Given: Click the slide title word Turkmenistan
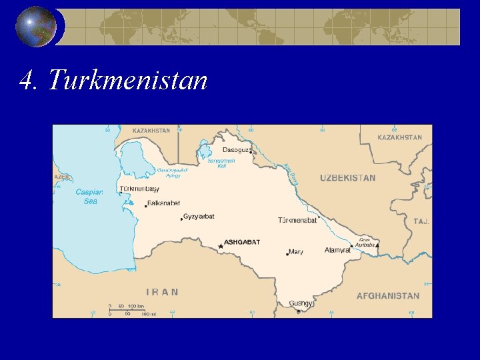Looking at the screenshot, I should (127, 81).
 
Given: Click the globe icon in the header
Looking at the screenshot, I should (36, 27).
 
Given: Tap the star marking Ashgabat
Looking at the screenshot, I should (221, 246).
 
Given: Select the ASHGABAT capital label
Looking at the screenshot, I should (243, 242).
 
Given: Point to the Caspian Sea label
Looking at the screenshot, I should (89, 196).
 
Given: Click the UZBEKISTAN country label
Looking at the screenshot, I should (347, 178).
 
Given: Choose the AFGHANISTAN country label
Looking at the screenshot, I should (388, 295).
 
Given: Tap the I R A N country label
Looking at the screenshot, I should (162, 291).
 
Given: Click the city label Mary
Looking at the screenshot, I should (296, 252).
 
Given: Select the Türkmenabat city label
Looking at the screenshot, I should (297, 220).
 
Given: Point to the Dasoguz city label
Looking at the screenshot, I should (236, 151).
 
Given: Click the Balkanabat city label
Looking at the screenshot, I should (163, 203).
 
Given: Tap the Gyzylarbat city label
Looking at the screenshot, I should (199, 217).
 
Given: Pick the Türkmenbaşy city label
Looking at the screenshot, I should (139, 189).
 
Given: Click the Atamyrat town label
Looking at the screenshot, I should (337, 251).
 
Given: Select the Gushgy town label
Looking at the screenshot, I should (301, 303).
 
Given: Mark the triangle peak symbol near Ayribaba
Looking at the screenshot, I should (377, 245).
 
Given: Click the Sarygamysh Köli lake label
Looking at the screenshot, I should (221, 163).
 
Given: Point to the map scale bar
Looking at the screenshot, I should (131, 311).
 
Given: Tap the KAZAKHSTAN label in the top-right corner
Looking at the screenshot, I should (400, 137).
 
